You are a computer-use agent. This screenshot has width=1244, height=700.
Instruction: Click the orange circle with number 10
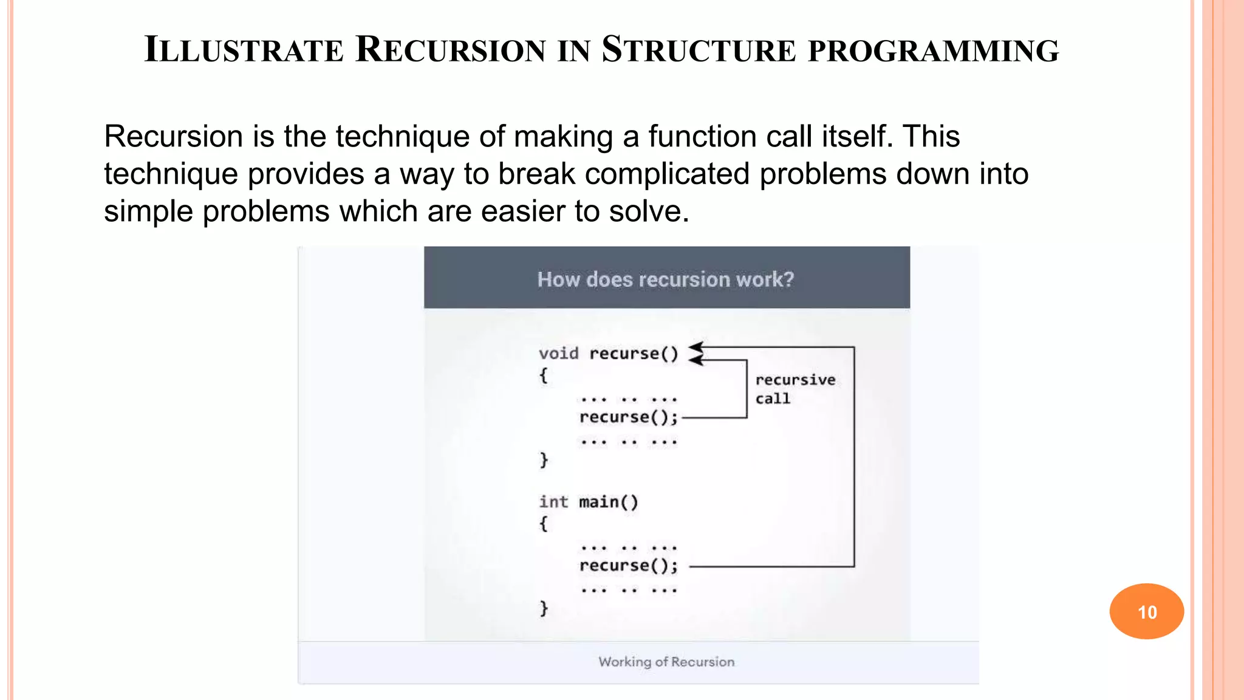click(1146, 611)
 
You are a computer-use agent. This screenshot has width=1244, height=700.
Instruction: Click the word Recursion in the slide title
click(450, 50)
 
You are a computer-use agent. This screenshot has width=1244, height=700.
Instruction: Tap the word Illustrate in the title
click(244, 50)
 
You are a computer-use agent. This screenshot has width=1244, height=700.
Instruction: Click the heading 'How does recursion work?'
click(666, 279)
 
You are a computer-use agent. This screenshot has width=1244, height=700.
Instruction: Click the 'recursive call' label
click(795, 389)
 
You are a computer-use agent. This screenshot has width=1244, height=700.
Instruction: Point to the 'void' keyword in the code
click(558, 354)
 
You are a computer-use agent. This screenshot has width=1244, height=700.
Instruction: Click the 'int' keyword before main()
click(553, 502)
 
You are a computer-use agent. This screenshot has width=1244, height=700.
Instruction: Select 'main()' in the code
click(609, 502)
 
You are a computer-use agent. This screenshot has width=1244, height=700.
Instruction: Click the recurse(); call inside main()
click(628, 566)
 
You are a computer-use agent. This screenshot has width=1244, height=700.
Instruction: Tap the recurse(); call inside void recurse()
click(628, 417)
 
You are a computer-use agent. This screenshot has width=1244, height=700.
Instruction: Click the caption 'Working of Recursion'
click(666, 662)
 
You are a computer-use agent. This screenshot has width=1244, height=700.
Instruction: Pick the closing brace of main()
click(544, 608)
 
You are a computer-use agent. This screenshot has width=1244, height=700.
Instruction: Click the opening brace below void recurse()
click(544, 376)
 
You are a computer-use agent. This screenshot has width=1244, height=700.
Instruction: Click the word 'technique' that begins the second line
click(171, 174)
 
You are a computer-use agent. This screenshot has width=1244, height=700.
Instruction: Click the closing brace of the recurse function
click(544, 460)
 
